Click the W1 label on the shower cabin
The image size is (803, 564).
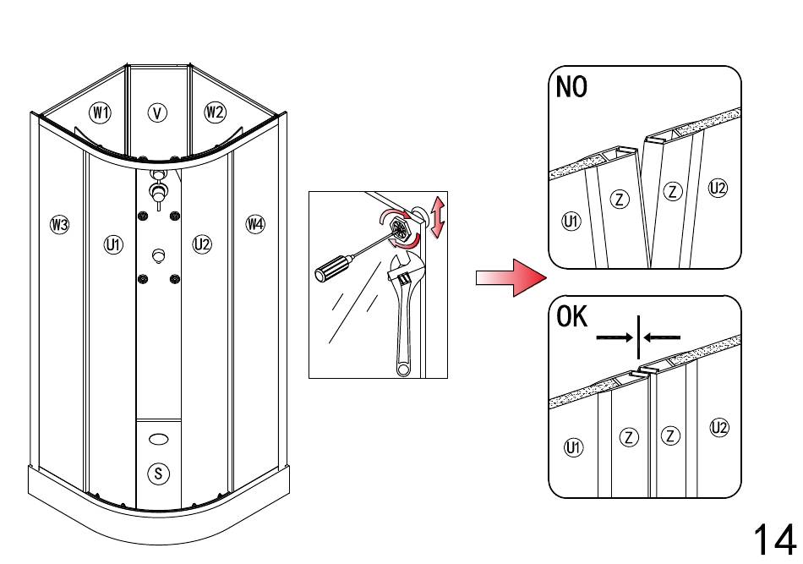click(x=101, y=112)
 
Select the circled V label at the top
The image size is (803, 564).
click(x=157, y=112)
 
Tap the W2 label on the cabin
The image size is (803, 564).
click(x=215, y=111)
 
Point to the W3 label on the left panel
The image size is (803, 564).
click(x=59, y=224)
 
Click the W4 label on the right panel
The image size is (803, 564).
click(x=255, y=224)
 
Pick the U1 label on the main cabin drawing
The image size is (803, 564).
click(x=112, y=244)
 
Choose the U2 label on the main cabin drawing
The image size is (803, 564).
click(x=202, y=244)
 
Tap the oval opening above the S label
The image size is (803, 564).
click(x=158, y=440)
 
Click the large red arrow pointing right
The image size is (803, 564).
click(x=507, y=278)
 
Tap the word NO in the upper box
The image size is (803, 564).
click(x=572, y=87)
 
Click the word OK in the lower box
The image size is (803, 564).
click(x=573, y=317)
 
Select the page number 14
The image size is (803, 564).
click(x=773, y=538)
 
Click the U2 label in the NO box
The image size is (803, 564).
click(x=718, y=189)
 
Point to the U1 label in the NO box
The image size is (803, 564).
click(x=571, y=222)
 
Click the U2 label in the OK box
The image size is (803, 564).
click(x=719, y=428)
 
